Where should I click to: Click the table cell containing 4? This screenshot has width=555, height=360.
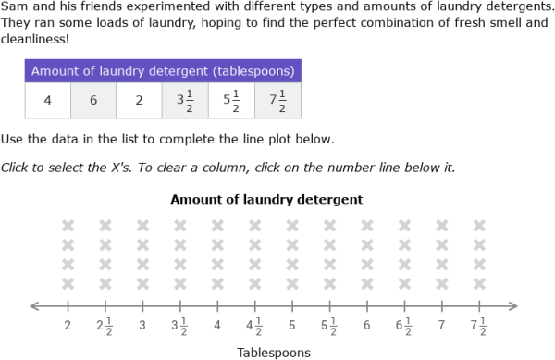(x=47, y=101)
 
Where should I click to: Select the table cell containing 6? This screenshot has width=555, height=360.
(x=93, y=101)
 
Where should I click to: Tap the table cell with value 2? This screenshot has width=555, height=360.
(x=139, y=101)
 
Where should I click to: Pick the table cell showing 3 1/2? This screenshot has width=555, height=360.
(x=185, y=101)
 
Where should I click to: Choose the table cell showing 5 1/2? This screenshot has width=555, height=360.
(x=231, y=101)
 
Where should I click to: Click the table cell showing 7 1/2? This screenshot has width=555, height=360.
(x=277, y=101)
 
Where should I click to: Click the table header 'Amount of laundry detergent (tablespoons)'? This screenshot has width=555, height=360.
(x=163, y=71)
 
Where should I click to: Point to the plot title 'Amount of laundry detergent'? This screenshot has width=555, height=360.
(x=266, y=199)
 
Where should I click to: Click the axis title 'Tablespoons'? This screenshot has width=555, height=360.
(x=274, y=352)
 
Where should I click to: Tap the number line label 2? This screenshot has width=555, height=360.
(x=68, y=326)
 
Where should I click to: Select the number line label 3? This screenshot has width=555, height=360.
(x=142, y=326)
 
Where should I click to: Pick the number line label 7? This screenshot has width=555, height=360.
(x=442, y=326)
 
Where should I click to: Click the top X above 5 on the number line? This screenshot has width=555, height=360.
(x=292, y=225)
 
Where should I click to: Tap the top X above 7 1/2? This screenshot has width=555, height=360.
(x=479, y=225)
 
